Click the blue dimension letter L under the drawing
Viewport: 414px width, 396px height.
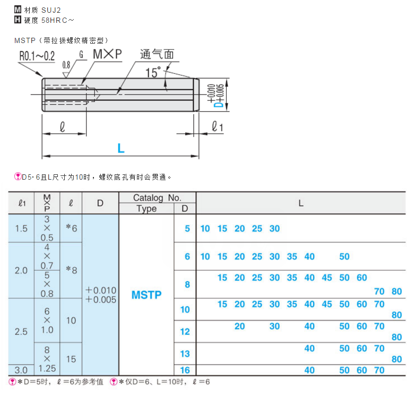121,149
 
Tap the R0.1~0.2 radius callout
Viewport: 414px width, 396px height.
37,56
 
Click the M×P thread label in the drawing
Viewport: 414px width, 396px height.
107,54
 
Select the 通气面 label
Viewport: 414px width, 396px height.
157,54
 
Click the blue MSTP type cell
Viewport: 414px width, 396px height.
146,295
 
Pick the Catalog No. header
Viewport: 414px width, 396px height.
157,198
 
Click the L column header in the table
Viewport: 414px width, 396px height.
300,203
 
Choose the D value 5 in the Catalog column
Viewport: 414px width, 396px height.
187,229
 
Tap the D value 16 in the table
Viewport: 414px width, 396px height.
185,370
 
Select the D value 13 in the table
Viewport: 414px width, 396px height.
185,353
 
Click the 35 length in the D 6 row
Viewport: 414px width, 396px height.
292,257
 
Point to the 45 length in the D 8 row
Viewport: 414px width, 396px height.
327,278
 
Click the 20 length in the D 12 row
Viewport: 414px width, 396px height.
240,326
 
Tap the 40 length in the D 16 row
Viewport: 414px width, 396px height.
309,370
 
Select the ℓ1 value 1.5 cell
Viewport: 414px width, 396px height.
21,229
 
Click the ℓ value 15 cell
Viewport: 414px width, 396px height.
71,359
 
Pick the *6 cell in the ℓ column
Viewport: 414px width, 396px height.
71,229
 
